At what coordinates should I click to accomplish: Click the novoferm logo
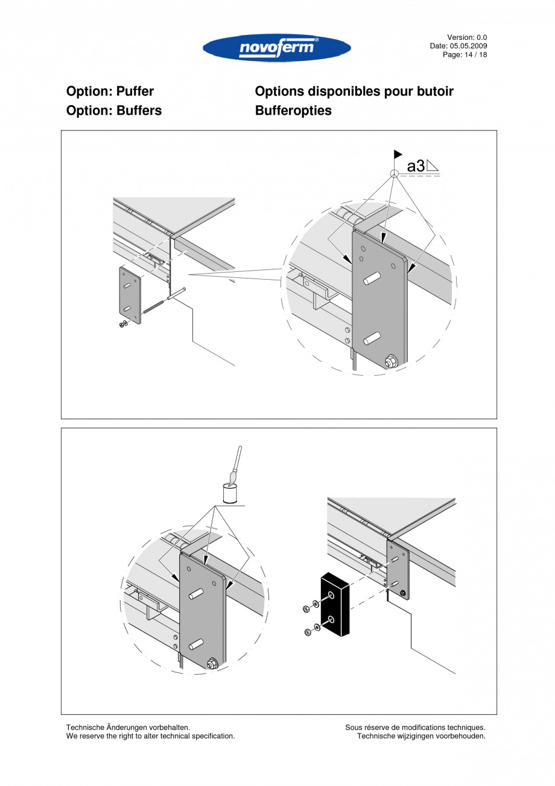click(277, 48)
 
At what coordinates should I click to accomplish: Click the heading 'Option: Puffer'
click(110, 92)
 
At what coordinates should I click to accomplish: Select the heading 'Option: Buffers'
click(113, 111)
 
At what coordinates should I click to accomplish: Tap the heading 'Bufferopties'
click(293, 111)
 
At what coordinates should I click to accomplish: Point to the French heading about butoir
click(354, 92)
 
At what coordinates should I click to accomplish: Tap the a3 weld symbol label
click(416, 166)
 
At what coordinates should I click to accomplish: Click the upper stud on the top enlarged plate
click(372, 279)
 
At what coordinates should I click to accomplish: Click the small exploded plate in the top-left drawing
click(129, 296)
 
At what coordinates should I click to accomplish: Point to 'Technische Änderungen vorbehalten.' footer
click(128, 727)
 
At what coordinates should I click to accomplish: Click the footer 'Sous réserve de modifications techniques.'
click(415, 727)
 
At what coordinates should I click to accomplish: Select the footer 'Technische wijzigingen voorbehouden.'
click(421, 736)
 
